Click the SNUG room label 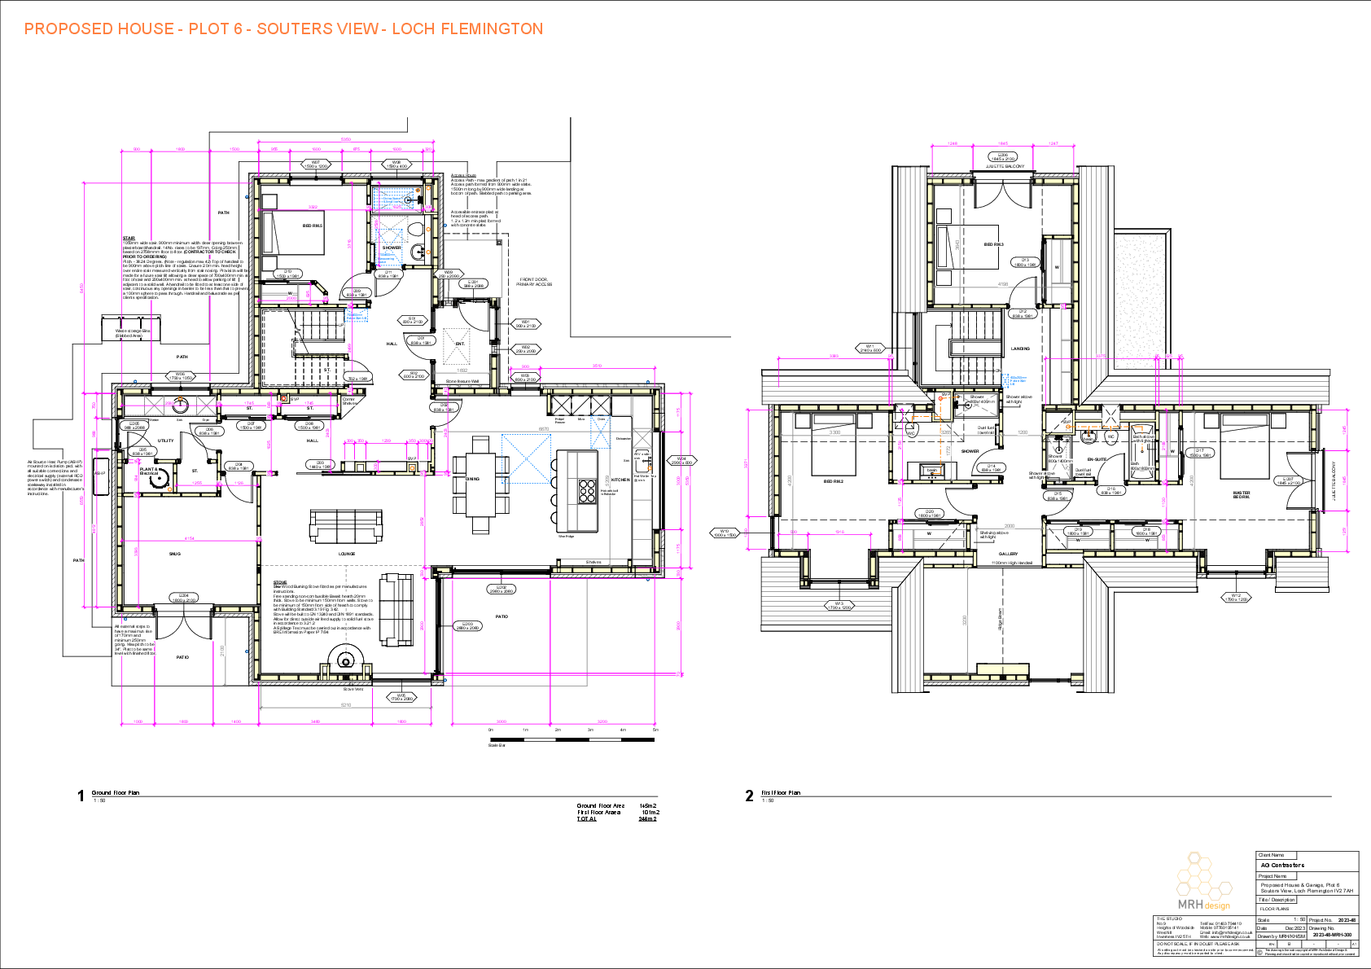pos(175,554)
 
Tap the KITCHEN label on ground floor pos(620,480)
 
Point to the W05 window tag pos(401,697)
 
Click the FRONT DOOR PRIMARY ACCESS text pos(534,282)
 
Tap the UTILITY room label pos(165,441)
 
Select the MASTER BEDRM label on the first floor pos(1241,494)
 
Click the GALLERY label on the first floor pos(1008,554)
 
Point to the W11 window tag pos(869,348)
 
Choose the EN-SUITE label pos(1097,459)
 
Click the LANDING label pos(1020,349)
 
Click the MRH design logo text pos(1204,905)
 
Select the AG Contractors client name pos(1282,866)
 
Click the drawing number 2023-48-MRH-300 pos(1331,935)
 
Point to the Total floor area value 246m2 pos(648,818)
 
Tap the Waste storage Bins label pos(132,332)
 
